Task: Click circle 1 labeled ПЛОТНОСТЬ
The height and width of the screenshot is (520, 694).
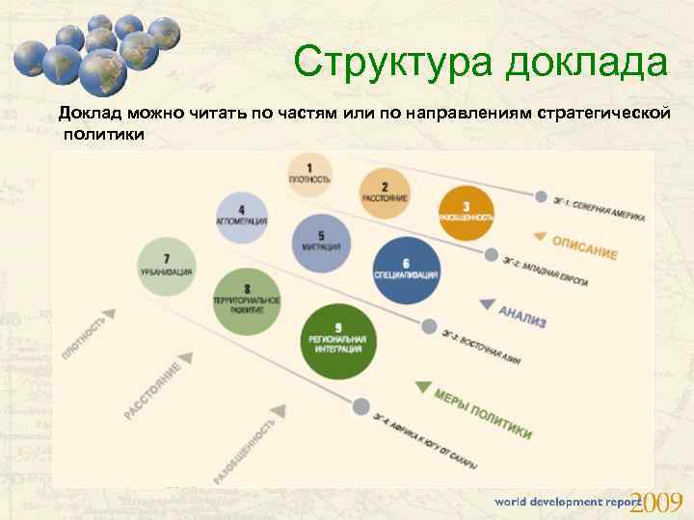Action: (x=310, y=174)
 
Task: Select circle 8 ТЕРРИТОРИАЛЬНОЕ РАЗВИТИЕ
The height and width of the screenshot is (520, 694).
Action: (x=248, y=299)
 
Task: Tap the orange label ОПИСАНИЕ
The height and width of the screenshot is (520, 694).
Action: (x=584, y=246)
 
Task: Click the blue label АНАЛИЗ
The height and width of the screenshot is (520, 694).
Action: (x=521, y=316)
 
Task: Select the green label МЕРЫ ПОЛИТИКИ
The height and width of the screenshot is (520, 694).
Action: (x=482, y=413)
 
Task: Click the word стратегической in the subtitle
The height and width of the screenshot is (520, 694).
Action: (x=601, y=114)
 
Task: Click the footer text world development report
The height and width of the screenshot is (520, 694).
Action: (x=563, y=503)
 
